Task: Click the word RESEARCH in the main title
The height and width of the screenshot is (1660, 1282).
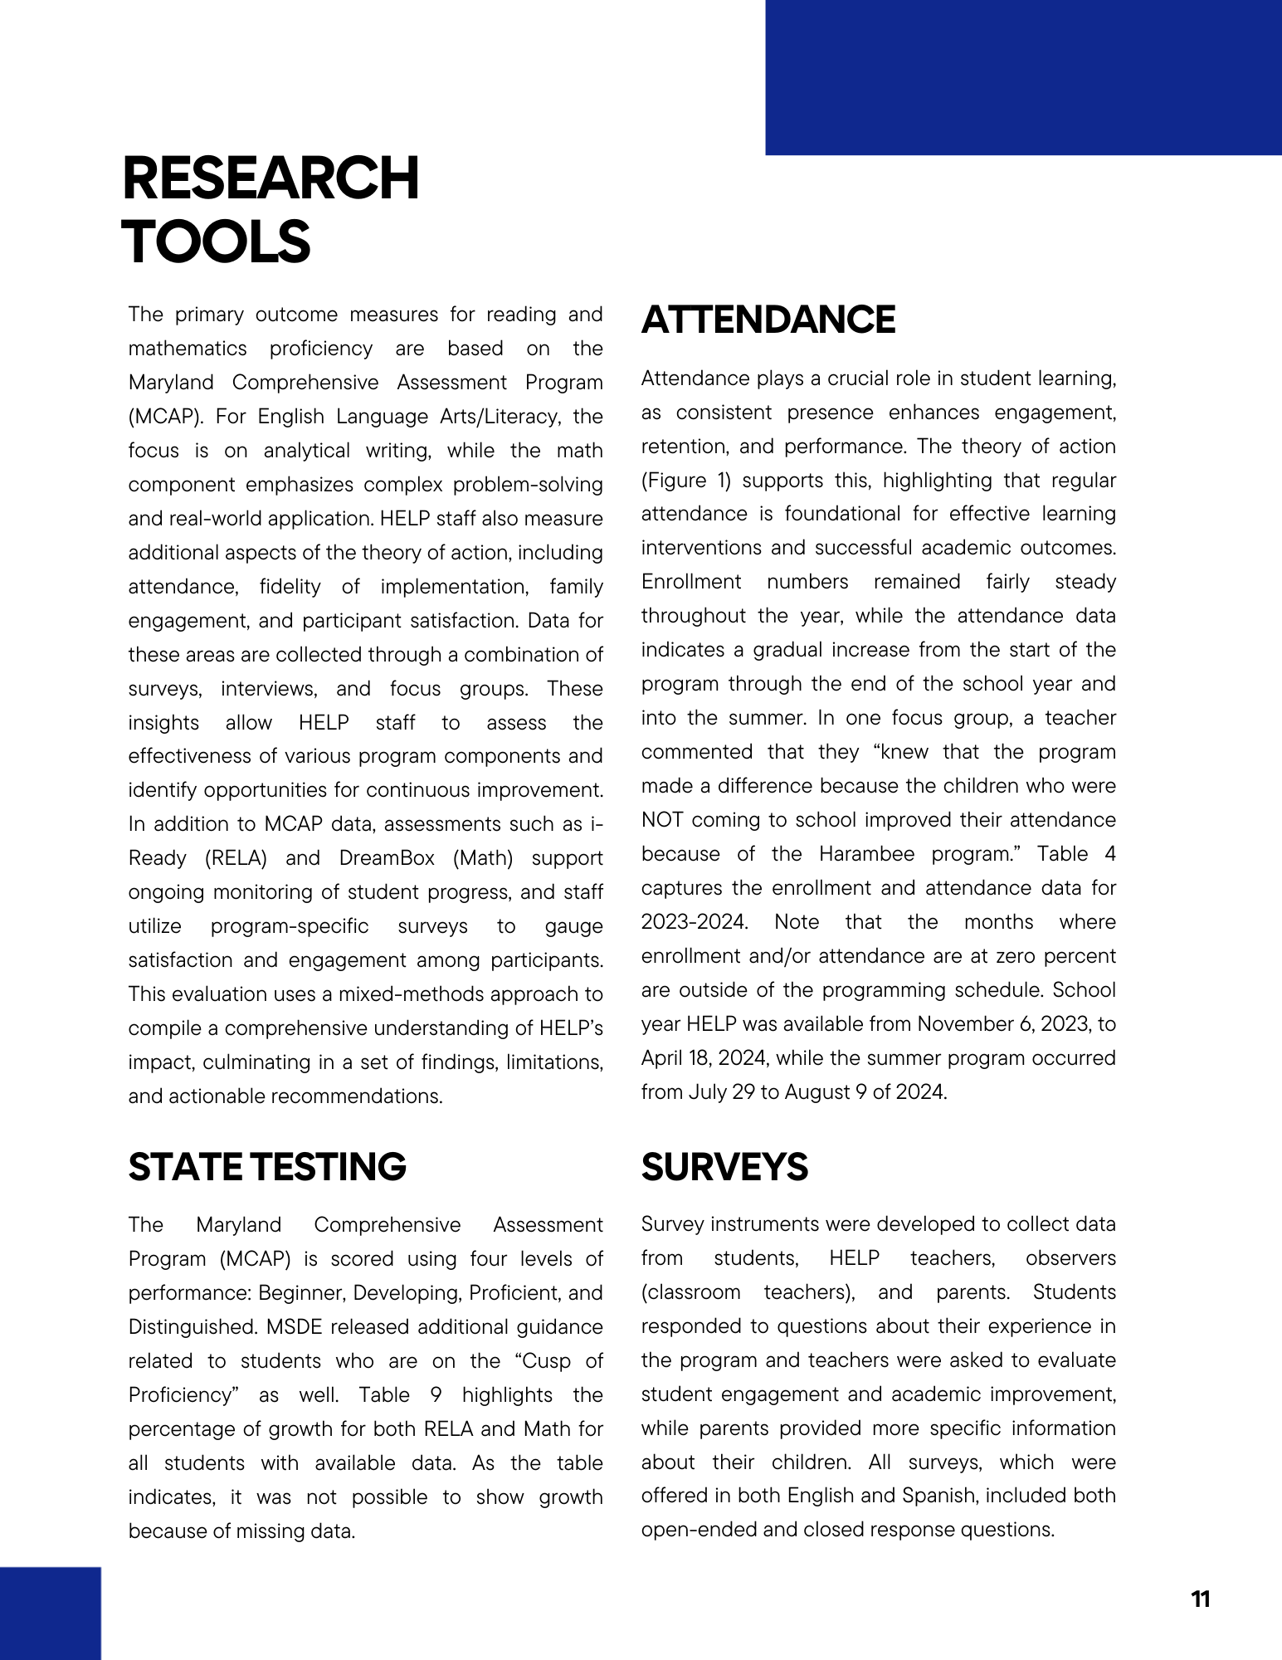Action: [271, 178]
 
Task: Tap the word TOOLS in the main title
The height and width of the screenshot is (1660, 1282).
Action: [216, 242]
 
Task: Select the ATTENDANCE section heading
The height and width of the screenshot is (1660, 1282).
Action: [768, 320]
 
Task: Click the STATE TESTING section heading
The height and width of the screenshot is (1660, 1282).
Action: [267, 1167]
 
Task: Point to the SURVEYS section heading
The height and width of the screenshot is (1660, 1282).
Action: [724, 1167]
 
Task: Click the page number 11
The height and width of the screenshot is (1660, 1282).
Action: [1200, 1599]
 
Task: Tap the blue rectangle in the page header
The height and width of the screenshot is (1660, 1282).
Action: [1023, 77]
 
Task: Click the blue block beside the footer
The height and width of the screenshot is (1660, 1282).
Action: [50, 1613]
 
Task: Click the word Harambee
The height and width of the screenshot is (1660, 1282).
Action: [866, 854]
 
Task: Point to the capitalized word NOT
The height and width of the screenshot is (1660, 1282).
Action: [661, 820]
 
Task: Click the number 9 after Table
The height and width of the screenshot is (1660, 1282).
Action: [436, 1395]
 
